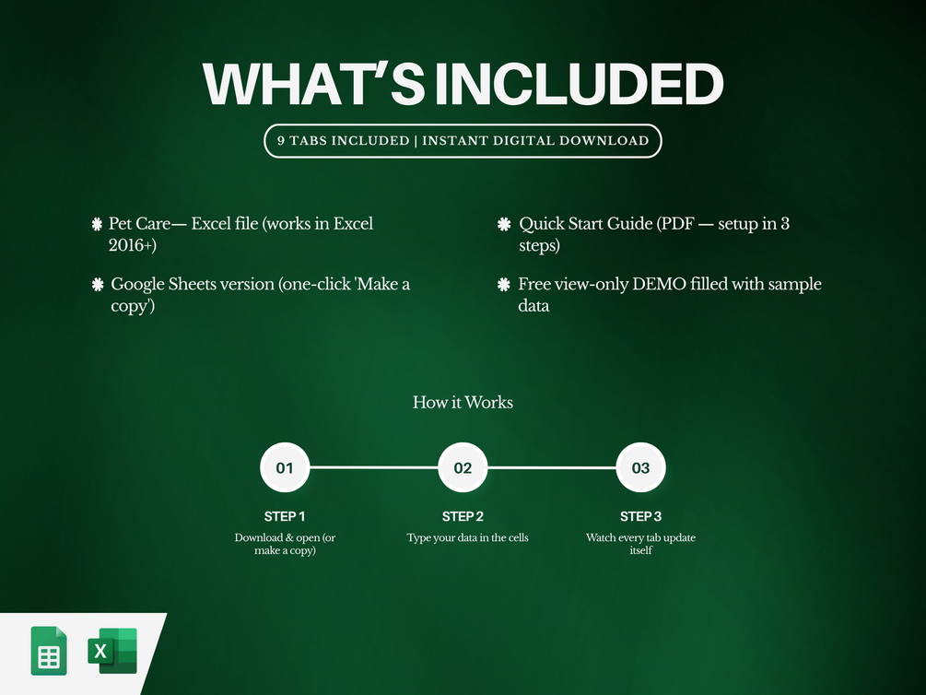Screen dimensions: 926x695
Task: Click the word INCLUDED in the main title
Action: click(x=579, y=83)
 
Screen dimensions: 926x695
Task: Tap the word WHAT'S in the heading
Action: click(x=313, y=83)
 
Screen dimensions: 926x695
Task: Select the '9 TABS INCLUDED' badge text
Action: click(x=343, y=141)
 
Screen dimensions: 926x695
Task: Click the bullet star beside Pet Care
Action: click(x=98, y=224)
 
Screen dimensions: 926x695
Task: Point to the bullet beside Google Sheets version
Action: click(x=98, y=284)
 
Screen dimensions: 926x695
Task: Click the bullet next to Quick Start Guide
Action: click(x=504, y=224)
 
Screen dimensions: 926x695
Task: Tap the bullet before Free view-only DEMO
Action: click(x=504, y=284)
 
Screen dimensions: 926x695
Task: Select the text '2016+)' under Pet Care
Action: click(x=133, y=245)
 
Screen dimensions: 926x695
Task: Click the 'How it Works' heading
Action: click(x=463, y=403)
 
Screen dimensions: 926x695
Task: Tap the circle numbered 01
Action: click(x=285, y=467)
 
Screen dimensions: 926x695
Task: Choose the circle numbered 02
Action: click(x=463, y=467)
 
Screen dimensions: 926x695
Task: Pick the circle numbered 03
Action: click(x=640, y=467)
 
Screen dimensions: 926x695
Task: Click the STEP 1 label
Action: click(x=285, y=516)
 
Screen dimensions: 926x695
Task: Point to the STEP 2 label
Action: click(x=463, y=516)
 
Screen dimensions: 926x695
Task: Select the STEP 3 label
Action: click(x=640, y=516)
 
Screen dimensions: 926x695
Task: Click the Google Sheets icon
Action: click(x=49, y=651)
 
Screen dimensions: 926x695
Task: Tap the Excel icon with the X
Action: click(x=112, y=651)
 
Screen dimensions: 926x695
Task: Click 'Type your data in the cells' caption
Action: click(x=467, y=537)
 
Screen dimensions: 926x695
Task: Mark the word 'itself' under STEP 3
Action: click(x=640, y=550)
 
